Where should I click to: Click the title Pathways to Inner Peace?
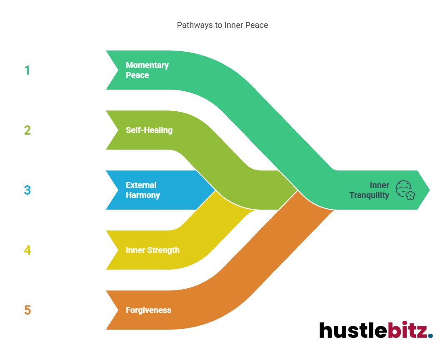coord(222,25)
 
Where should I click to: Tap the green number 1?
coord(27,70)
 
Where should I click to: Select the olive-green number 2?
coord(27,130)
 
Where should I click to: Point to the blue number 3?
coord(27,190)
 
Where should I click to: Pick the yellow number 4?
coord(27,250)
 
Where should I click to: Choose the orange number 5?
coord(27,310)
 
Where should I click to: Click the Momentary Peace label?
coord(147,70)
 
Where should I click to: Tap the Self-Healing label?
coord(149,130)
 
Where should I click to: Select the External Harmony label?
coord(142,190)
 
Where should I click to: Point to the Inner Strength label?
coord(152,250)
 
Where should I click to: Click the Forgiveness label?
coord(148,310)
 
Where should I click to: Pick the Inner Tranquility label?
coord(369,190)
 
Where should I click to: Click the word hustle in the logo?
coord(353,330)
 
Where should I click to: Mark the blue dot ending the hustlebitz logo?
coord(430,335)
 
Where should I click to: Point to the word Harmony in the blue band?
coord(142,195)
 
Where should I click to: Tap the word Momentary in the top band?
coord(147,65)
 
